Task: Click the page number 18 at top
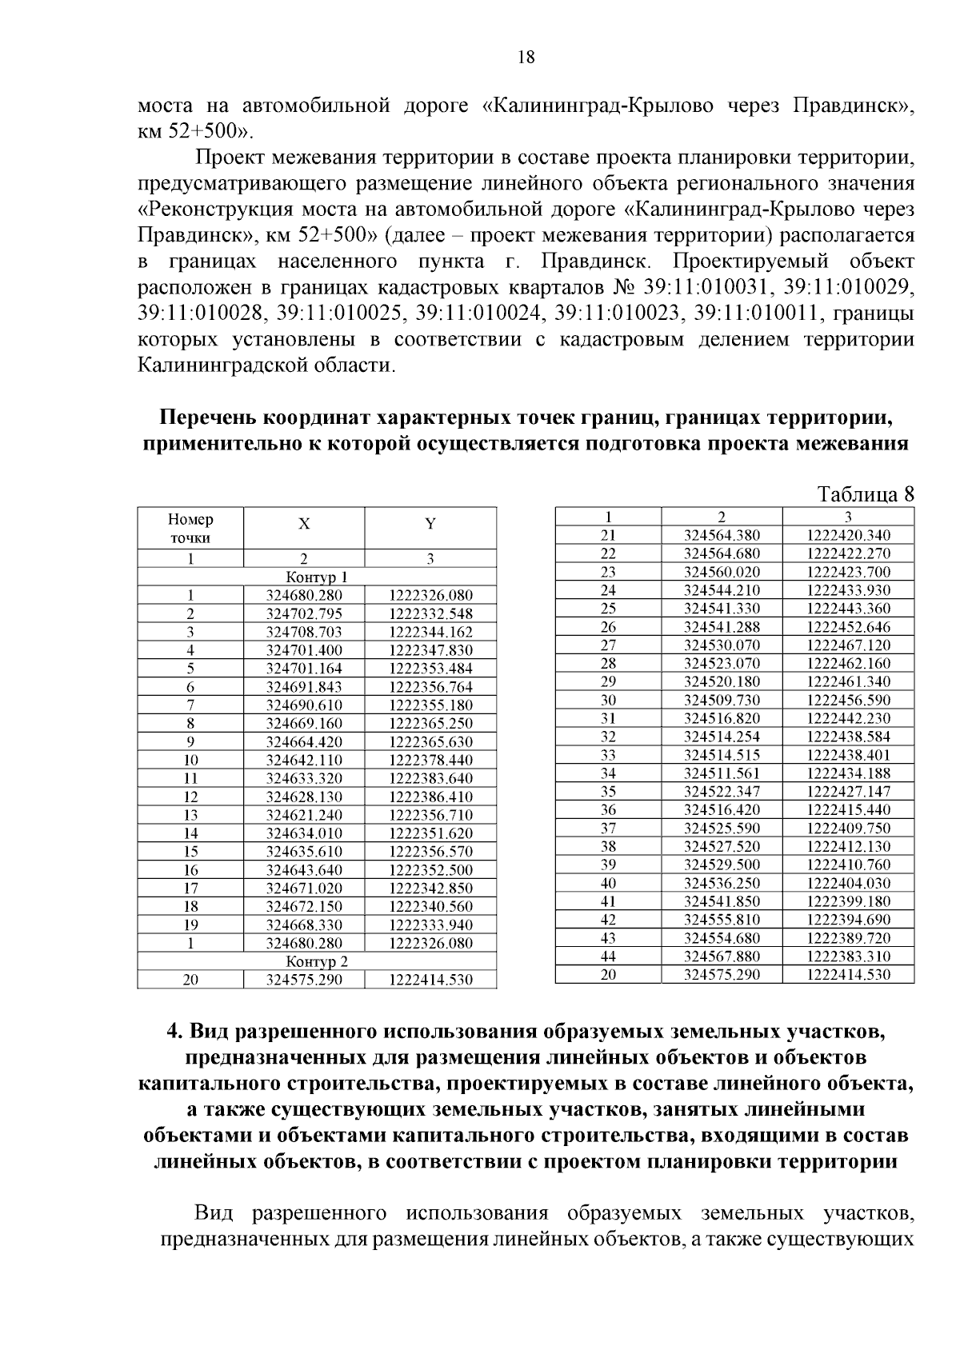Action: tap(526, 58)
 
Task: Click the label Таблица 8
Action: tap(865, 493)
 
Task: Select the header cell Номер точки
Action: tap(190, 529)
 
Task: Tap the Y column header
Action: tap(430, 525)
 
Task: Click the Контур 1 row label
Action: tap(317, 577)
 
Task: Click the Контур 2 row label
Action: tap(317, 961)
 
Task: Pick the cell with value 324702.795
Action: tap(304, 614)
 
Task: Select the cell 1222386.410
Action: tap(430, 797)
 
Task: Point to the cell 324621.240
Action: tap(304, 815)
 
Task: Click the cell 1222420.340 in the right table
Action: tap(848, 536)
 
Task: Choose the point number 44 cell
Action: tap(608, 957)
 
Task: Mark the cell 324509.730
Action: tap(722, 700)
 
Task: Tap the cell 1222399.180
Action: tap(848, 901)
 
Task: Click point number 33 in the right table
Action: tap(608, 755)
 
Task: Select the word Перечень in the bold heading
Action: tap(208, 418)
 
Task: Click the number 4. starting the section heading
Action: tap(175, 1031)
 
